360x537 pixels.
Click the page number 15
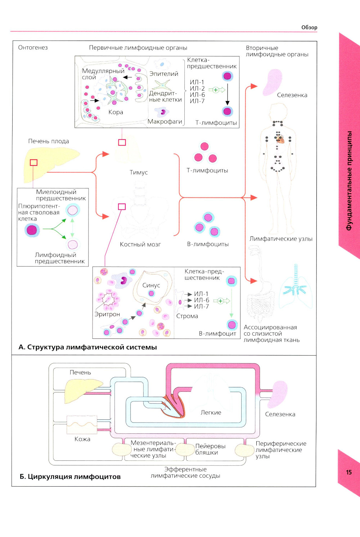coord(348,472)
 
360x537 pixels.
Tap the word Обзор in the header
coord(309,27)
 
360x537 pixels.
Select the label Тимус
coord(139,172)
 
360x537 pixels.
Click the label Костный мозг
coord(140,244)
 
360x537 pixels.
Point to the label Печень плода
coord(49,141)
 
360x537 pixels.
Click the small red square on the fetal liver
coord(33,163)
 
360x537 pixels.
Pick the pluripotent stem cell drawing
coord(32,230)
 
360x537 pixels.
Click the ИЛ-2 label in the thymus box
coord(197,88)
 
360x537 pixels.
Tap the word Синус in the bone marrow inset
coord(151,285)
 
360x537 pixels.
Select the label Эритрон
coord(107,314)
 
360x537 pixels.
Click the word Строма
coord(187,316)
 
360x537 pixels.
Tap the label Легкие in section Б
coord(211,413)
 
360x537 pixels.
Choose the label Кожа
coord(82,439)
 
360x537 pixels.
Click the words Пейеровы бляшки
coord(210,449)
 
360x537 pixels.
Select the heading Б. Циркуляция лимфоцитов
coord(70,477)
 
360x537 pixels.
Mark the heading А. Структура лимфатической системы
coord(87,347)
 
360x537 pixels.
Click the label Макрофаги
coord(165,122)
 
